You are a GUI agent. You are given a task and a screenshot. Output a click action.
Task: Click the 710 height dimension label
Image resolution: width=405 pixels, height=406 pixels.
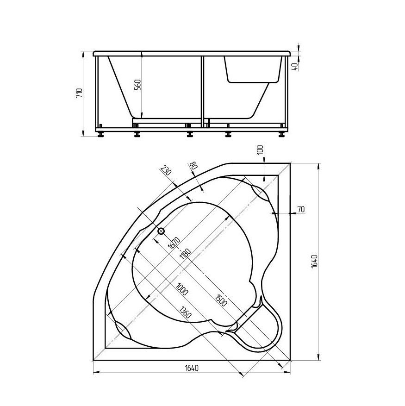coord(79,93)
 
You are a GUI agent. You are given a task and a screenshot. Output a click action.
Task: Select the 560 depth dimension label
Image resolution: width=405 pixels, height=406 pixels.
coord(138,84)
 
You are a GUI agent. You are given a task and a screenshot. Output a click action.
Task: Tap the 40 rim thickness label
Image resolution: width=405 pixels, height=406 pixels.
coord(295,67)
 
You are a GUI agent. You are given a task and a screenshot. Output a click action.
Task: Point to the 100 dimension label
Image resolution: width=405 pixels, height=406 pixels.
coord(261,150)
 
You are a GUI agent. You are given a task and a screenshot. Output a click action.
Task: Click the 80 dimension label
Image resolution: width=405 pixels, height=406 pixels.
coord(193,165)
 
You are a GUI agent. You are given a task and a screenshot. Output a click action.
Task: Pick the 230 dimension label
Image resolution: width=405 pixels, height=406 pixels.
coord(166,170)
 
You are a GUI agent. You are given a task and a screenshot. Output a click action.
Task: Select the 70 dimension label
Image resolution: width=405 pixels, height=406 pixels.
coord(301,209)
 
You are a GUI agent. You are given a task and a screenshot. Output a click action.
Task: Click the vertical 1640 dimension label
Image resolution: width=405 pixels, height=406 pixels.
coord(314,261)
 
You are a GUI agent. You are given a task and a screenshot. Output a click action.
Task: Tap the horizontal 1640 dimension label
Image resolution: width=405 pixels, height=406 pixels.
coord(192,368)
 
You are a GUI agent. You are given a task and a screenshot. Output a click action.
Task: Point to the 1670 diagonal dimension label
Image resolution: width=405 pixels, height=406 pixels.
coord(174,243)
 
